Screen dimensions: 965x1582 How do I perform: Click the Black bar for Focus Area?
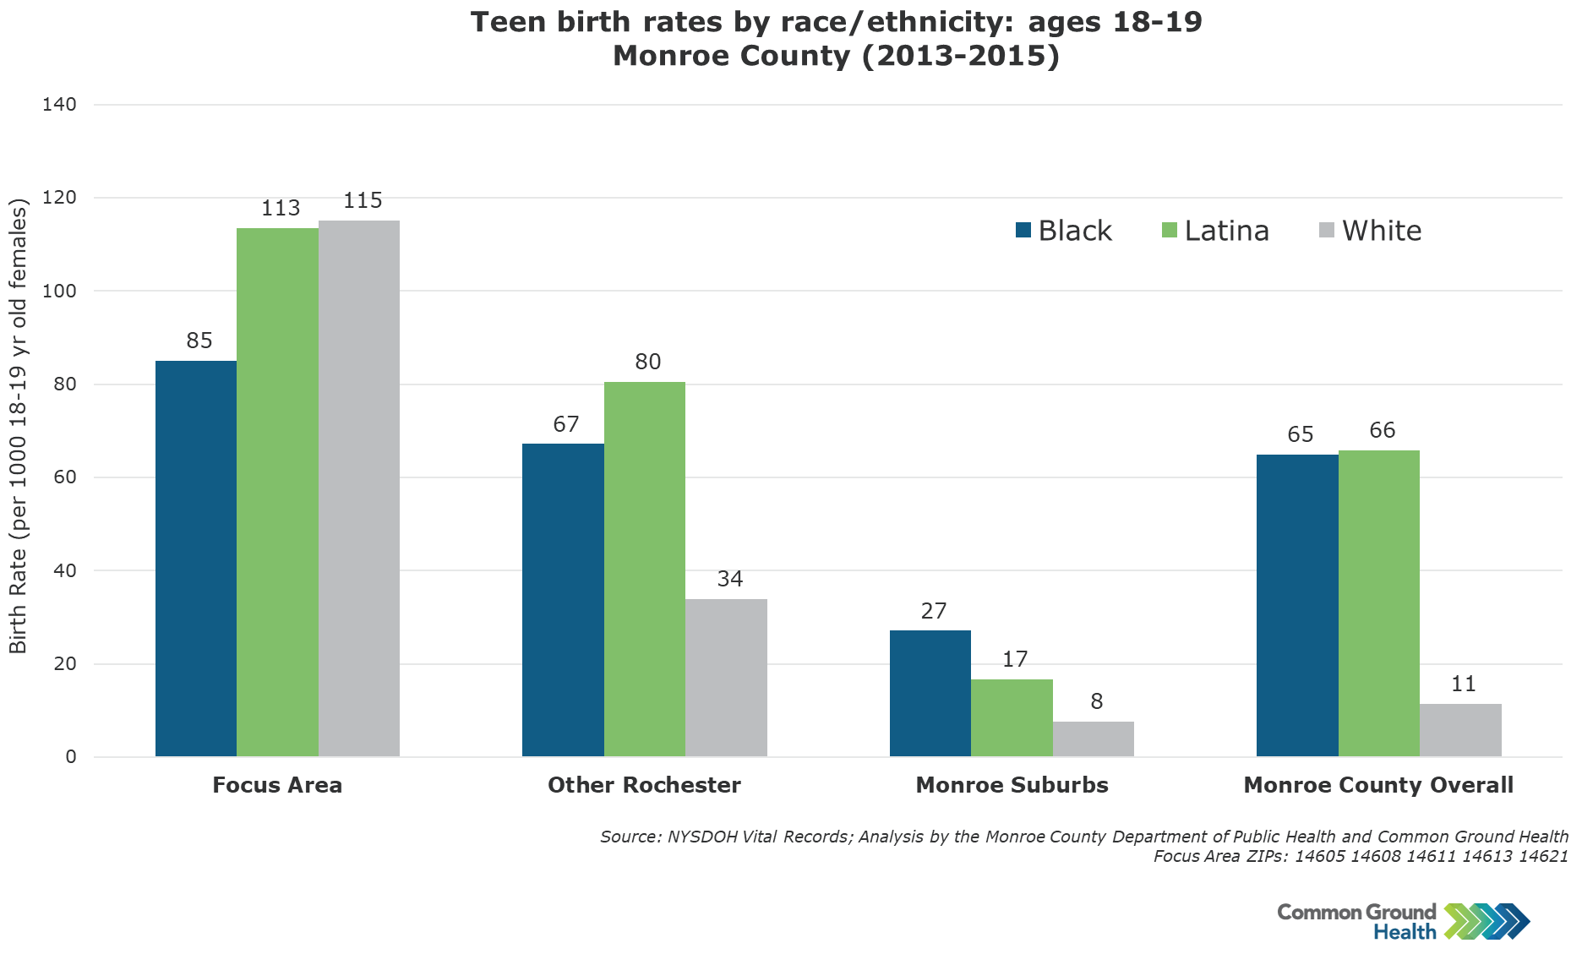196,558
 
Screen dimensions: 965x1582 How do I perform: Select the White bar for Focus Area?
359,488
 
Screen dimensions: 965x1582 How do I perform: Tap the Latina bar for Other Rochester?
645,569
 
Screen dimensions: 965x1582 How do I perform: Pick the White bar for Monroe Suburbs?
1094,739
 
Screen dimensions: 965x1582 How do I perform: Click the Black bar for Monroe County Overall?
1297,605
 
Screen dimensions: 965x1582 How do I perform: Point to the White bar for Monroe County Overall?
1460,730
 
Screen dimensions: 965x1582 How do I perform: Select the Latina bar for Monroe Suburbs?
1012,717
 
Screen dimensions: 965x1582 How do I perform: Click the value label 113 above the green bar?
281,208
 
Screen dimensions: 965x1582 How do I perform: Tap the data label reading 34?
730,579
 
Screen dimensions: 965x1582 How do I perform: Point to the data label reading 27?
934,611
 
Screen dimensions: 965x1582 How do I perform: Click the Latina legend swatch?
1170,230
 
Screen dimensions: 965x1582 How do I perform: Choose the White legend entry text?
1382,231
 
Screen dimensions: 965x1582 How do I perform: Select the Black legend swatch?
1023,230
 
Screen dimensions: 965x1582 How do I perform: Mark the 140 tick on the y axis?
59,105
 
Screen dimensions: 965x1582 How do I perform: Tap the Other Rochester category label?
644,785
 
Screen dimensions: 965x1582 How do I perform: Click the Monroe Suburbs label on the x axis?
1012,785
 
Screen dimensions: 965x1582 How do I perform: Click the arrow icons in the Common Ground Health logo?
1487,921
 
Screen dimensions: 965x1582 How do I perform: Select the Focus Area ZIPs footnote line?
1361,856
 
